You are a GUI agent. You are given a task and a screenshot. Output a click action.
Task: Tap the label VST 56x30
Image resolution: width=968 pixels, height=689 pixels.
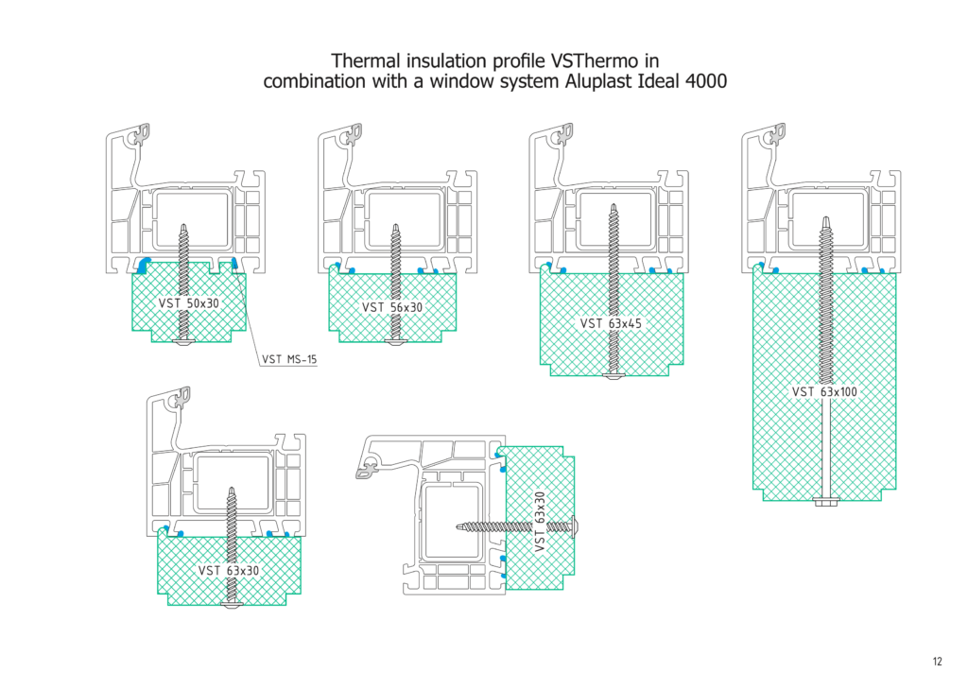point(392,307)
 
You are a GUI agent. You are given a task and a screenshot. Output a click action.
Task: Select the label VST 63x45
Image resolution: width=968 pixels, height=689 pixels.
point(611,323)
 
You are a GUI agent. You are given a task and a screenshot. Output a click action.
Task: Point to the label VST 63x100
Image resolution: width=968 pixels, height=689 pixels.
point(825,391)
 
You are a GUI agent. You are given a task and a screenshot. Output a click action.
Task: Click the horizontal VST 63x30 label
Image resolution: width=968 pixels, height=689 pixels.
point(228,570)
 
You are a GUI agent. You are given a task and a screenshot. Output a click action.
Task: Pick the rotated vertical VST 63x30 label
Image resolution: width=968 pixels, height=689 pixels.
point(541,523)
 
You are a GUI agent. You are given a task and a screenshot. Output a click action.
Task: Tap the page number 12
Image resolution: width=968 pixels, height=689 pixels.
point(936,662)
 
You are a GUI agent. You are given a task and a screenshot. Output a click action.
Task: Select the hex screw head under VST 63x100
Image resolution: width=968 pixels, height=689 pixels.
point(825,500)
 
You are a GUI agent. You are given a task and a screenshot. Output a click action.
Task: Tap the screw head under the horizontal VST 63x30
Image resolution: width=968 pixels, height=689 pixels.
point(232,603)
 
